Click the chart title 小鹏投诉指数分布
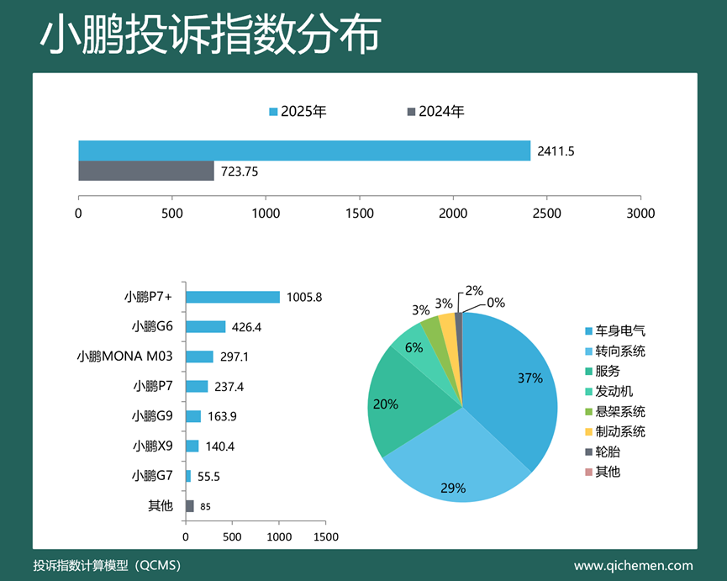click(x=210, y=35)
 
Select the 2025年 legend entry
click(x=298, y=112)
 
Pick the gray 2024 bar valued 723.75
click(x=146, y=171)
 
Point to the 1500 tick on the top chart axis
click(x=359, y=214)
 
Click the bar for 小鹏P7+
click(x=232, y=297)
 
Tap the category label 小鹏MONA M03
click(x=124, y=357)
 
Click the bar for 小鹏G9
click(x=193, y=416)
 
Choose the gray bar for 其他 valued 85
click(x=189, y=506)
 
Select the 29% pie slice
click(x=454, y=471)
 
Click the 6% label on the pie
click(x=414, y=347)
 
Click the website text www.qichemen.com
click(x=634, y=565)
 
